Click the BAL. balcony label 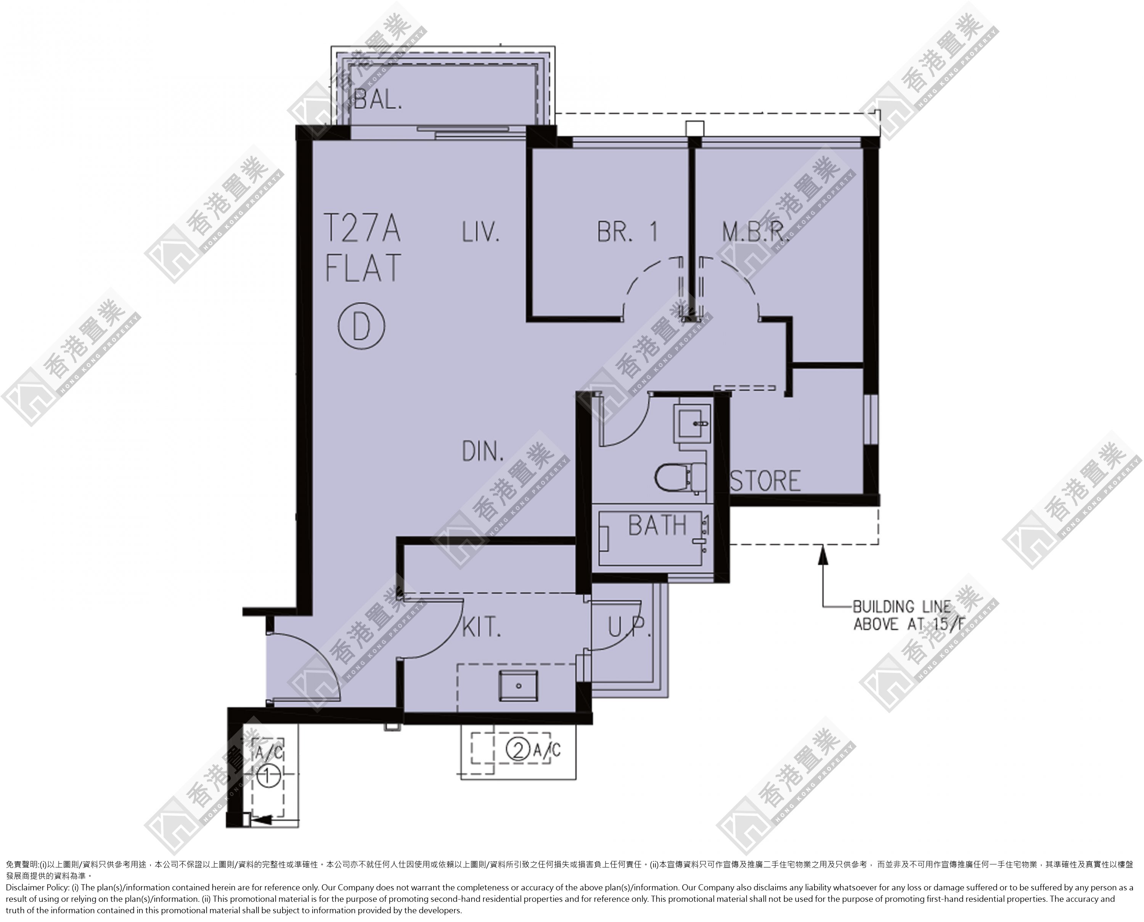point(378,99)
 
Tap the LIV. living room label point(480,232)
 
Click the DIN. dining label point(483,451)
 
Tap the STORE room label point(765,481)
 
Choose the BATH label point(657,525)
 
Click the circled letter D point(361,326)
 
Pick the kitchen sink point(518,686)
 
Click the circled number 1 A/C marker point(268,776)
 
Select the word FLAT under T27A point(363,268)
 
